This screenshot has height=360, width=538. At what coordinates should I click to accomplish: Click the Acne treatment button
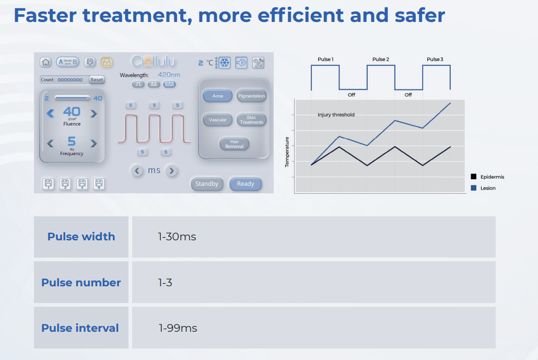click(x=218, y=96)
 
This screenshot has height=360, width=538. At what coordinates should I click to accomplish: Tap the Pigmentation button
click(x=251, y=96)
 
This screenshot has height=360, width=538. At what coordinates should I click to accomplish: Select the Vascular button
click(x=218, y=120)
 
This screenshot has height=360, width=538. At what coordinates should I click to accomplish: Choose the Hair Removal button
click(x=234, y=144)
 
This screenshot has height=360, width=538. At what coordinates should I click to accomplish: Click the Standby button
click(x=207, y=184)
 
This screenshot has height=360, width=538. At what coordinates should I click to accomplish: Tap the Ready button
click(x=245, y=184)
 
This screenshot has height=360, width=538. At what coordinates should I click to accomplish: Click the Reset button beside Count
click(x=97, y=80)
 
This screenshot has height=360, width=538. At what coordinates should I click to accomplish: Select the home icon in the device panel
click(x=46, y=62)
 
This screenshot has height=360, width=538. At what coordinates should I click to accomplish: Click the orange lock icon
click(x=106, y=62)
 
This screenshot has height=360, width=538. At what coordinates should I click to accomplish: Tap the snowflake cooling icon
click(x=224, y=63)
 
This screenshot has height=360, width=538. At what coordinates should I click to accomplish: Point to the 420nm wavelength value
click(x=169, y=75)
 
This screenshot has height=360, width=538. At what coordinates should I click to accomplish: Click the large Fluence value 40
click(x=72, y=111)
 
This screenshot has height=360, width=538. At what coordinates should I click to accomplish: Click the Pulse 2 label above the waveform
click(x=380, y=60)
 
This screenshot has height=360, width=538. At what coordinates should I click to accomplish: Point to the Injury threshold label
click(x=336, y=115)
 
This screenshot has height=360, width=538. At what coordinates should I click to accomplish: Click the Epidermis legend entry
click(x=492, y=177)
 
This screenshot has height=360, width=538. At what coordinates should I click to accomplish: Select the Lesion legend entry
click(x=487, y=188)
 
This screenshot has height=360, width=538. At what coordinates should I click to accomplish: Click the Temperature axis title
click(x=287, y=152)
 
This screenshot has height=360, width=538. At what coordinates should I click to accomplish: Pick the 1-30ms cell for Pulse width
click(x=177, y=237)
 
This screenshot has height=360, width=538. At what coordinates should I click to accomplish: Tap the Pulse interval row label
click(x=80, y=328)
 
